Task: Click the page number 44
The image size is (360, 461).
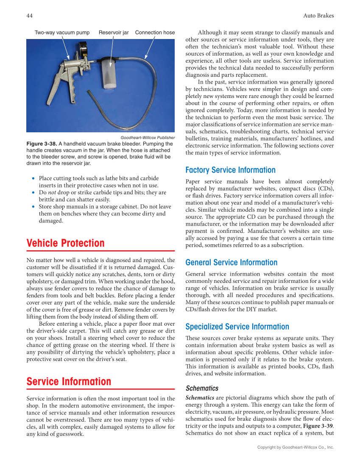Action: coord(30,16)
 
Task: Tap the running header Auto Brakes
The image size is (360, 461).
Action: coord(318,16)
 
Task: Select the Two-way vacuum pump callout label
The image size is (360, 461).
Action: coord(62,33)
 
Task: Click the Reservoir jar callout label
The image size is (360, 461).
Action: coord(114,33)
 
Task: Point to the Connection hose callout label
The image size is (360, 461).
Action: coord(155,33)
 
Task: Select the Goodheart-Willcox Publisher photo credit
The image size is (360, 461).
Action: coord(148,138)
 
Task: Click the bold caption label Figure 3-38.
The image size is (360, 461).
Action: coord(42,144)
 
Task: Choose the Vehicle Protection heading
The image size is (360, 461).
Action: coord(65,243)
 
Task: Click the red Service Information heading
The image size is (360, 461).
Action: coord(69,381)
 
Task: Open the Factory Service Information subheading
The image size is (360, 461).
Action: coord(230,170)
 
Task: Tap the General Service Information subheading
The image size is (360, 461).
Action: coord(231,263)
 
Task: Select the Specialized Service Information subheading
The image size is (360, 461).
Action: coord(237,327)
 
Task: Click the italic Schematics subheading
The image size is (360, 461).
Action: coord(202,388)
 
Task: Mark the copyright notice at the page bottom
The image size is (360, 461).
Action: coord(296,447)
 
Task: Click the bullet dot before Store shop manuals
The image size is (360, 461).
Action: coord(33,207)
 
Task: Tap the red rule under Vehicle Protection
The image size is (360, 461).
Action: coord(100,251)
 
